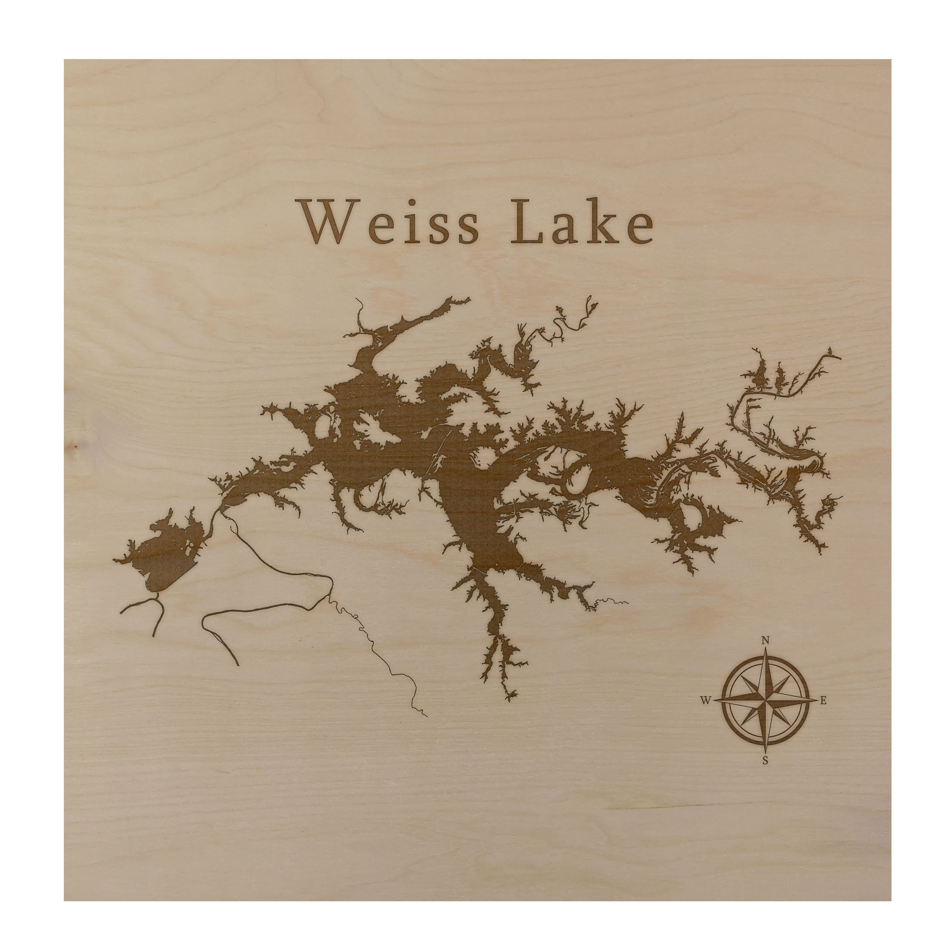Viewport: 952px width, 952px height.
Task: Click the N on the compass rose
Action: point(766,641)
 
